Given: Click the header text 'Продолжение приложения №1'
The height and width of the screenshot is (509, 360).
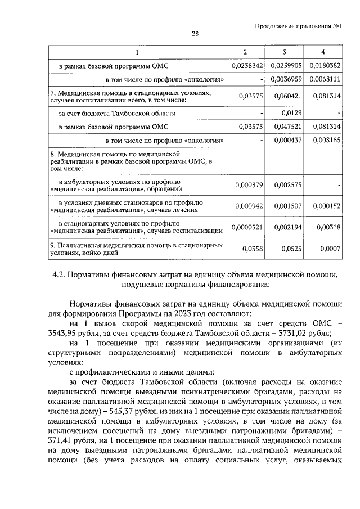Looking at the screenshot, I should click(299, 26).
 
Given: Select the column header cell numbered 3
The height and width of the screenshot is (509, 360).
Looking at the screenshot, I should click(284, 52).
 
